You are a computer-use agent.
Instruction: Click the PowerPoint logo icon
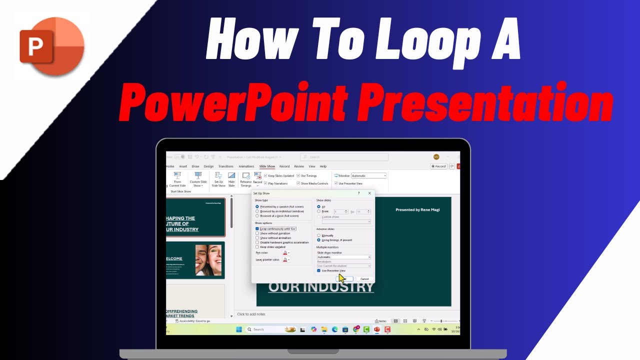tap(51, 45)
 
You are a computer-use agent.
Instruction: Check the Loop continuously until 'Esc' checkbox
tap(257, 228)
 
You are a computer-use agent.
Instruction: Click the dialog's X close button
tap(369, 193)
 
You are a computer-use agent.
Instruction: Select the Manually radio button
tap(319, 235)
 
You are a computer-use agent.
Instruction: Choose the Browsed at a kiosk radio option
tap(257, 216)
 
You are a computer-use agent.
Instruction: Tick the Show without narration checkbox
tap(257, 233)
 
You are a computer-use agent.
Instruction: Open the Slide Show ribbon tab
tap(267, 166)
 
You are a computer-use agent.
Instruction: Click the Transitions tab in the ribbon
tap(225, 166)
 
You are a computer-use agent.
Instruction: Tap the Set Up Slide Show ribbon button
tap(218, 179)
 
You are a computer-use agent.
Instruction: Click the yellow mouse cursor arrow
tap(342, 278)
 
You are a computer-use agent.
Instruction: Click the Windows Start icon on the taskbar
tap(238, 329)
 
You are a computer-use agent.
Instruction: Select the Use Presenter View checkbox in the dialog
tap(319, 270)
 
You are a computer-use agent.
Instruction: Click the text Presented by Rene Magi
tap(417, 210)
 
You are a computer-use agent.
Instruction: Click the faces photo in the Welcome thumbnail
tap(208, 260)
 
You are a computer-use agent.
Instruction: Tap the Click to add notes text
tap(251, 314)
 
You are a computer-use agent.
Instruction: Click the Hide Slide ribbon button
tap(231, 179)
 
